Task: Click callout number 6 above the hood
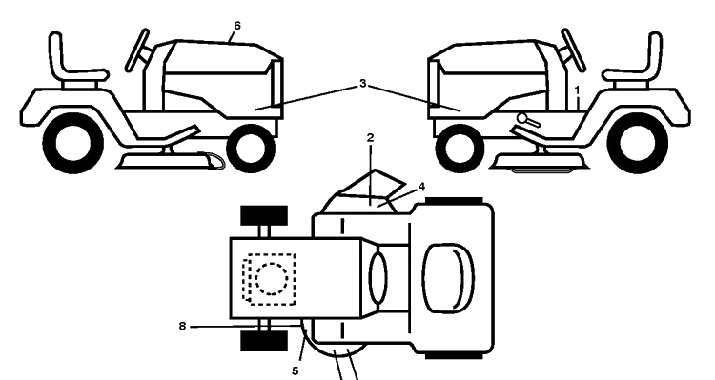(236, 26)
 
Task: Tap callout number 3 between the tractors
(362, 84)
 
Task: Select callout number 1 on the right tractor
(577, 90)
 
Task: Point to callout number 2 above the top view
(370, 137)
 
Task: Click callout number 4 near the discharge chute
(421, 187)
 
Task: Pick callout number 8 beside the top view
(182, 327)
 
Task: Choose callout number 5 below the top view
(295, 371)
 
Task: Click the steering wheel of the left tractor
(137, 50)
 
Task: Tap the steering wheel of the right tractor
(573, 50)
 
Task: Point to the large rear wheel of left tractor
(73, 143)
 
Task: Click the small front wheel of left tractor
(251, 148)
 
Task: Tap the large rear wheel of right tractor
(638, 143)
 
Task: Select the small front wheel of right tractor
(460, 148)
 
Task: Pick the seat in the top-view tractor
(448, 278)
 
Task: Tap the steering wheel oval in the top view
(378, 278)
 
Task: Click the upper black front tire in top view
(264, 215)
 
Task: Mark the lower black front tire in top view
(264, 341)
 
